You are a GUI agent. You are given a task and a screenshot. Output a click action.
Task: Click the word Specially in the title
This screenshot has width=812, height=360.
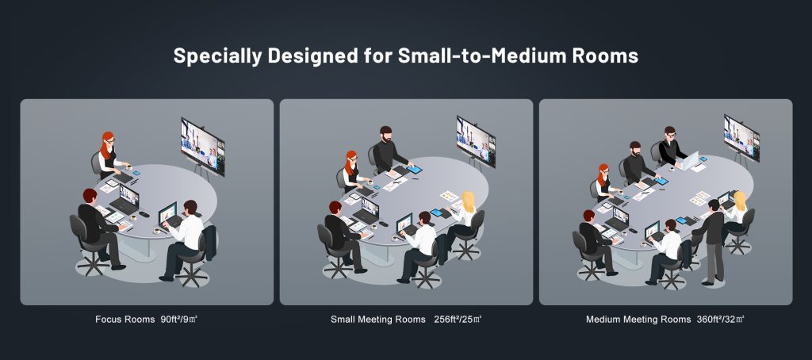click(217, 56)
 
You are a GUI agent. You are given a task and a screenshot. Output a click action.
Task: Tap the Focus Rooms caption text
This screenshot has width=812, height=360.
click(124, 319)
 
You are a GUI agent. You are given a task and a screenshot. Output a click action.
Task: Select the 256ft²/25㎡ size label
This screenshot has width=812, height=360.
click(458, 319)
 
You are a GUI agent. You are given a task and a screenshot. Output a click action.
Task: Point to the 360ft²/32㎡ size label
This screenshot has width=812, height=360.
click(720, 319)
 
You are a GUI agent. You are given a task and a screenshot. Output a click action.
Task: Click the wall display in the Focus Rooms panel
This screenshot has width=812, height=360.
click(202, 147)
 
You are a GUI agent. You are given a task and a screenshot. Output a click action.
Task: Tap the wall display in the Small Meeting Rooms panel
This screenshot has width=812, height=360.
click(476, 141)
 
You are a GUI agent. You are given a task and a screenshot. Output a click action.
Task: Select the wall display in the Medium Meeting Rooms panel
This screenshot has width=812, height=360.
click(741, 138)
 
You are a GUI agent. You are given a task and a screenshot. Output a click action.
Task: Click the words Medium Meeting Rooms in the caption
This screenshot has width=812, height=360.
click(638, 319)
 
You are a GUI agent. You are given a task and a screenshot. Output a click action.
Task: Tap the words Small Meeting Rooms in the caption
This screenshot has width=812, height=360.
click(378, 319)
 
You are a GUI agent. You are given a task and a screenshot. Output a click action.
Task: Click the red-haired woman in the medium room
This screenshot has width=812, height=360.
click(603, 182)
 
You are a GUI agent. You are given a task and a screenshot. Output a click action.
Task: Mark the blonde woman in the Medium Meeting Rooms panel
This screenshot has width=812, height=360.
click(736, 215)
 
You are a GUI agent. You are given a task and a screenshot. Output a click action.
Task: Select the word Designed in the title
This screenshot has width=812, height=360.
click(310, 56)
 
